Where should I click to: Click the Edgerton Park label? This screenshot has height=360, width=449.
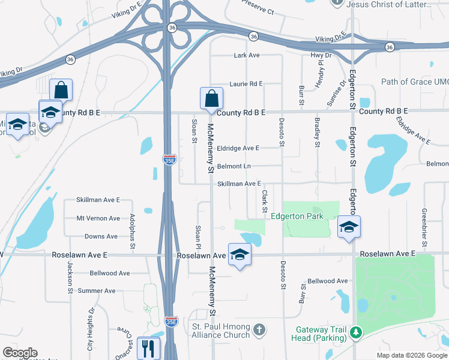coord(297,216)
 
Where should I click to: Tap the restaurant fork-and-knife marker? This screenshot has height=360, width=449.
coord(148,347)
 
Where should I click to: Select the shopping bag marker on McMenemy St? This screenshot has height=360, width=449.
coord(211,98)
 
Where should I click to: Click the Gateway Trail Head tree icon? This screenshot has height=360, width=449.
coord(356,331)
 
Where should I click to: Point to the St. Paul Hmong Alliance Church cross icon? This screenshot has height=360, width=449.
coord(259,330)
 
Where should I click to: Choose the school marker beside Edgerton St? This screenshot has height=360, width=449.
coord(348,227)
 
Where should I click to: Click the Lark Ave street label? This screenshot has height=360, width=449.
coord(246,55)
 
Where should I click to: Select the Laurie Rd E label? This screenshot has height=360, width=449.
coord(246,84)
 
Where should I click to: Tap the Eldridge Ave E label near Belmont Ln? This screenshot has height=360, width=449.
coord(238,148)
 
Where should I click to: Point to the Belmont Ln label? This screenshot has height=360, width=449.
coord(234,166)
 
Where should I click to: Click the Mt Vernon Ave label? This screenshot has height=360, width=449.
coord(98,218)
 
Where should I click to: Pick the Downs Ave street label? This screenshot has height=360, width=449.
coord(101,236)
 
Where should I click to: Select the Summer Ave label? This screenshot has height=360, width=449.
coord(97,291)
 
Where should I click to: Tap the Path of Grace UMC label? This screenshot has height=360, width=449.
coord(415,82)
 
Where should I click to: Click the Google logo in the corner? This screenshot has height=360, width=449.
coord(20,353)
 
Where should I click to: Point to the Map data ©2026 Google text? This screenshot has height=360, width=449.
coord(411,355)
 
